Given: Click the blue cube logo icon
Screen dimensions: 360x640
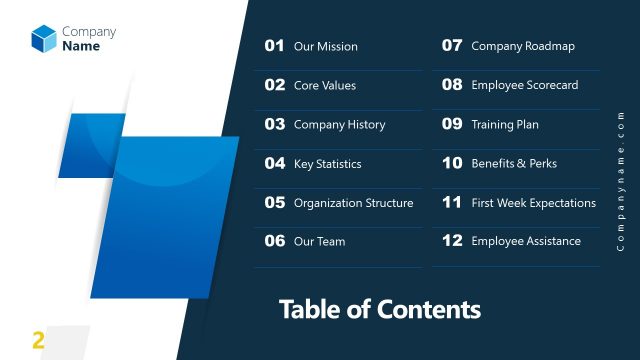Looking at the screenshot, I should point(44,38).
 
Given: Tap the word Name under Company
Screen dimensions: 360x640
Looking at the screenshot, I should point(81,46).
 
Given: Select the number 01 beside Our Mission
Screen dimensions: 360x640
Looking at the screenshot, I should point(274,46).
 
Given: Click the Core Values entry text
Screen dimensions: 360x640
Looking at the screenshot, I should point(324,85).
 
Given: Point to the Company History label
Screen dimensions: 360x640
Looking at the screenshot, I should point(339,125).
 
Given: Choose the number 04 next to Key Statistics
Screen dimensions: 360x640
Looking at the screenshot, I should point(274,163).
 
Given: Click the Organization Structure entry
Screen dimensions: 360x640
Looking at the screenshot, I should point(353,203).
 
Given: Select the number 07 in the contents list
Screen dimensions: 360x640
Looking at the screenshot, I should point(452,46).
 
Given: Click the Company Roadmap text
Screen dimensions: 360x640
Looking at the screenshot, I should point(523,46).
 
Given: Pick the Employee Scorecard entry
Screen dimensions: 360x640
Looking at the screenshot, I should point(524,85).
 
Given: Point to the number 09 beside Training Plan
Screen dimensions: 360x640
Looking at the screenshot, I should point(452,125).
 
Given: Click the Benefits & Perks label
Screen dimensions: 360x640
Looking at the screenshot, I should point(514,163).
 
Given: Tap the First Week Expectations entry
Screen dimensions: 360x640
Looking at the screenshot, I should point(533,203).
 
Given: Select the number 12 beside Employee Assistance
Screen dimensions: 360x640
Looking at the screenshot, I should point(452,241).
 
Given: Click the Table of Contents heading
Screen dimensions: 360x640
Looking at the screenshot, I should point(379,309).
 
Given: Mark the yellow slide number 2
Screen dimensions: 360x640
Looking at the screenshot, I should point(39,340).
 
